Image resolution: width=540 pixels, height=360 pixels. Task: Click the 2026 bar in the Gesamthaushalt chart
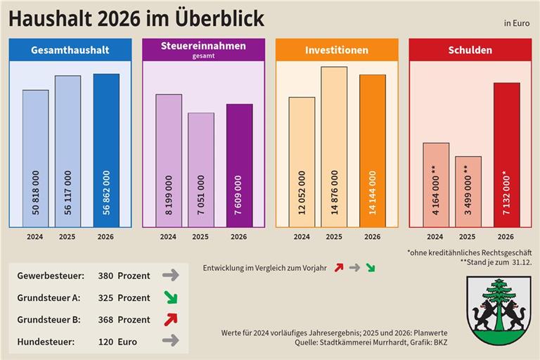[x=106, y=150]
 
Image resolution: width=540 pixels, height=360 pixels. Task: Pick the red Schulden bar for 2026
[x=506, y=155]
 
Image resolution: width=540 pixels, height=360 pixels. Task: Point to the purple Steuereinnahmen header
[x=203, y=49]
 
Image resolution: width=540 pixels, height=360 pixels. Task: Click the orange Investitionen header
[x=336, y=50]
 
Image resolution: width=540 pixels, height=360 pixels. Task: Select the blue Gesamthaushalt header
[x=70, y=50]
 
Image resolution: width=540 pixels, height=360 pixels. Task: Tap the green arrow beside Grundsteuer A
[x=169, y=297]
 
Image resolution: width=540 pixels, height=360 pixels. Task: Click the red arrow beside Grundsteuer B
[x=169, y=319]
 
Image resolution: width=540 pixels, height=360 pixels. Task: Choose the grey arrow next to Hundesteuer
[x=170, y=341]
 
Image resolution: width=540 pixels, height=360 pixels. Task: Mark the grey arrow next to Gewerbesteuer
[x=170, y=276]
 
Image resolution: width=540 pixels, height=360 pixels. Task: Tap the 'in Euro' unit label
[x=516, y=23]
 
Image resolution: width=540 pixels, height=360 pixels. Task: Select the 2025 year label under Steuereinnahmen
[x=200, y=237]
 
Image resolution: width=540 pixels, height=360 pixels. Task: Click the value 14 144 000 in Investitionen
[x=373, y=192]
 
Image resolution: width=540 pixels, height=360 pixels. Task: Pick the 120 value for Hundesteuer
[x=105, y=342]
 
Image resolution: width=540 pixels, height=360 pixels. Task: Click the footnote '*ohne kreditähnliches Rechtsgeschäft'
[x=468, y=252]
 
